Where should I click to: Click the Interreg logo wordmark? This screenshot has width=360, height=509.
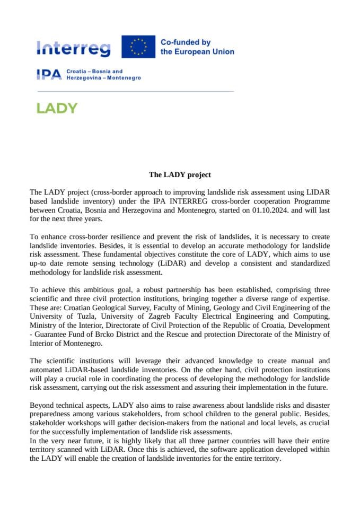point(74,48)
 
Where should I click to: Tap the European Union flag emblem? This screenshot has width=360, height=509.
point(138,47)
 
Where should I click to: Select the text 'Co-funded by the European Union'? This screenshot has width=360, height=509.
point(197,47)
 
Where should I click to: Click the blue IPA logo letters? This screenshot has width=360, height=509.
point(49,75)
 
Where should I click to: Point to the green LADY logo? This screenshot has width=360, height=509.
point(57,108)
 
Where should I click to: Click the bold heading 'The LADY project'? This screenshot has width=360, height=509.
point(180,174)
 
